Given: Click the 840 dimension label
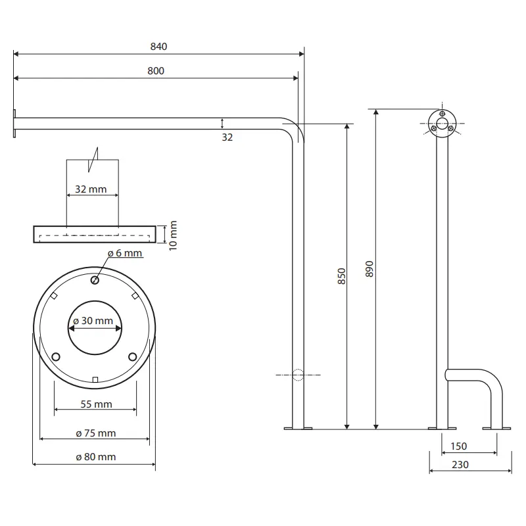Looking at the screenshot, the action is pos(158,46).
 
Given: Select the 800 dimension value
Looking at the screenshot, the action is pos(156,71).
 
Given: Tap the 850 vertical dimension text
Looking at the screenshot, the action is pos(341,276).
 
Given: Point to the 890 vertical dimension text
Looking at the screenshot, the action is pos(370,269).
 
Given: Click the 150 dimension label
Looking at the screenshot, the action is pos(458,446).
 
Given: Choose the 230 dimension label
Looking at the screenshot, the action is pos(460,465).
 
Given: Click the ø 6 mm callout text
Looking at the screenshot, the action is pos(125,253).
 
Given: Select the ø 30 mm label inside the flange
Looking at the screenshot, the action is pos(93,321).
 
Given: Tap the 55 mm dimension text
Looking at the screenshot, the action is pos(96,404).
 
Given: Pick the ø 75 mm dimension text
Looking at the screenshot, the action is pos(96,433).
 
